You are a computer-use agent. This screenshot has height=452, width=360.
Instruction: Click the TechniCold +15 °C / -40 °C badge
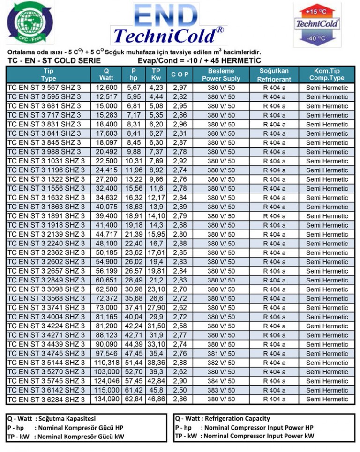coord(317,24)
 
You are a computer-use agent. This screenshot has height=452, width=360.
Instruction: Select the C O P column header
coord(180,74)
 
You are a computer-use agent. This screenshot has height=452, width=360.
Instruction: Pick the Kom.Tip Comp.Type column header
coord(327,74)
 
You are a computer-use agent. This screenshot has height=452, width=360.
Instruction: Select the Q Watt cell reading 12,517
coord(107,97)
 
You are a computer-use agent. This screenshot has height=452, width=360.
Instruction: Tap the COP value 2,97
coord(180,88)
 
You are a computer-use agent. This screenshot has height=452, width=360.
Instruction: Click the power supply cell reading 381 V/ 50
coord(221,354)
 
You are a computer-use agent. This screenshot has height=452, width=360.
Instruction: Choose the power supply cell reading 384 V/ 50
coord(221,381)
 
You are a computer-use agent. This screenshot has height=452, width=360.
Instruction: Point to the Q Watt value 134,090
coord(107,399)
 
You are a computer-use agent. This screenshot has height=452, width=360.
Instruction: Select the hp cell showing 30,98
coord(134,289)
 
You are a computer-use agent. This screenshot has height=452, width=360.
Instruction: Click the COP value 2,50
coord(180,390)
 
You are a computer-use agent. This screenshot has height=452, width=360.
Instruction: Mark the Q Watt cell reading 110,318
coord(107,363)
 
